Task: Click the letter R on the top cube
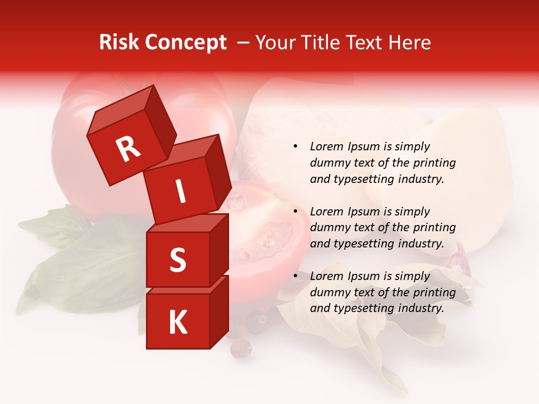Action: click(x=128, y=149)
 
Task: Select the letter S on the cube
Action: click(x=177, y=260)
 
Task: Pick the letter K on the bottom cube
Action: click(x=177, y=323)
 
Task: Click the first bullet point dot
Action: click(x=295, y=147)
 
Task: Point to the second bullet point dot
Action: click(x=295, y=212)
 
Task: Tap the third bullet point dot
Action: click(x=295, y=276)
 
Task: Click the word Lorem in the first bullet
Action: click(x=324, y=146)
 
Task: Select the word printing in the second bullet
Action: click(x=433, y=228)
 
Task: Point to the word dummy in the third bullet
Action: click(x=327, y=292)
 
